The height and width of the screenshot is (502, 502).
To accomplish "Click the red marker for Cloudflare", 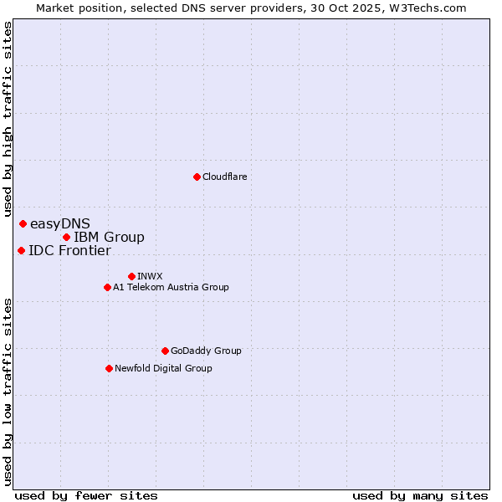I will [197, 177].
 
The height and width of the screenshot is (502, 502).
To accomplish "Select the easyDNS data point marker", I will [23, 223].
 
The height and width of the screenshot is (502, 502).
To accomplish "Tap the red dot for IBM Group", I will [66, 237].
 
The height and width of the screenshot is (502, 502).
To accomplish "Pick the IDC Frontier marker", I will [21, 250].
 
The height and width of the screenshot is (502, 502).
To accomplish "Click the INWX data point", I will [131, 276].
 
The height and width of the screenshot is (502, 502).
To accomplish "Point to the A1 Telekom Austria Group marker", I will [107, 287].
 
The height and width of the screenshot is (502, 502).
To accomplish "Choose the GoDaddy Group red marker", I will [165, 351].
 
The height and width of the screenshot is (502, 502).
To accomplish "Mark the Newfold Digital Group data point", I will [109, 368].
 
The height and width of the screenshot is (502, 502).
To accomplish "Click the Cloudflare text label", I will [224, 177].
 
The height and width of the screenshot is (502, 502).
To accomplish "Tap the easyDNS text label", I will [59, 223].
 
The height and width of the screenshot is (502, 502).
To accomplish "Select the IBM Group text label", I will [109, 237].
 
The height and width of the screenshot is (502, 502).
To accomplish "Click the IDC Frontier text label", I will [69, 250].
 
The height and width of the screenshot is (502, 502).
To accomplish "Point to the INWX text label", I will [150, 276].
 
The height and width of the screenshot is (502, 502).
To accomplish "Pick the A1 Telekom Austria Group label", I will [171, 287].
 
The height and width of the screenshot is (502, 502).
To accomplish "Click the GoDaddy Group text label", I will [206, 351].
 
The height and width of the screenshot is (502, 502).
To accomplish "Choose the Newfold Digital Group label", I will [163, 368].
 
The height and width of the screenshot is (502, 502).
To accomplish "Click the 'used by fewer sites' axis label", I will [86, 495].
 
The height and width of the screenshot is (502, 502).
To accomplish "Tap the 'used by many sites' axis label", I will [420, 495].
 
